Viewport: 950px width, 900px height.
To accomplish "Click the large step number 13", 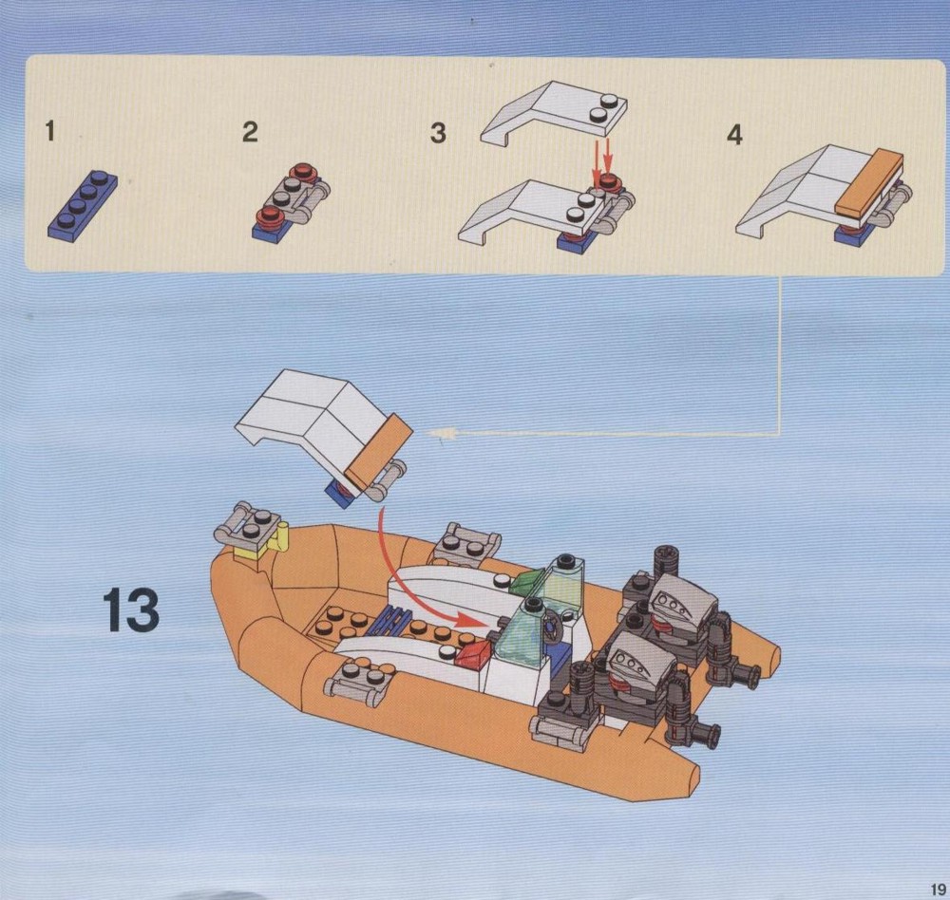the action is click(131, 609).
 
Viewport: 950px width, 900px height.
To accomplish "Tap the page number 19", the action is click(938, 890).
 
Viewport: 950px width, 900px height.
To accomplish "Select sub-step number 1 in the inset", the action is click(49, 131).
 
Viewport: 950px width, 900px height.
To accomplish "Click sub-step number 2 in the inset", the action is click(250, 132).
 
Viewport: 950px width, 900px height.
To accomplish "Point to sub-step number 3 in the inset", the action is click(438, 133).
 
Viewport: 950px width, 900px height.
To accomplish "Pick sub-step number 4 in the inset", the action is click(734, 135).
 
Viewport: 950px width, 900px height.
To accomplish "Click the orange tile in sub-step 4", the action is click(869, 181).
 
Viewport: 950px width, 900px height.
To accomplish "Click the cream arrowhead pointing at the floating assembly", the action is click(441, 433).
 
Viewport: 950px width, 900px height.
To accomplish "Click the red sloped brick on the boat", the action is click(472, 655).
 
